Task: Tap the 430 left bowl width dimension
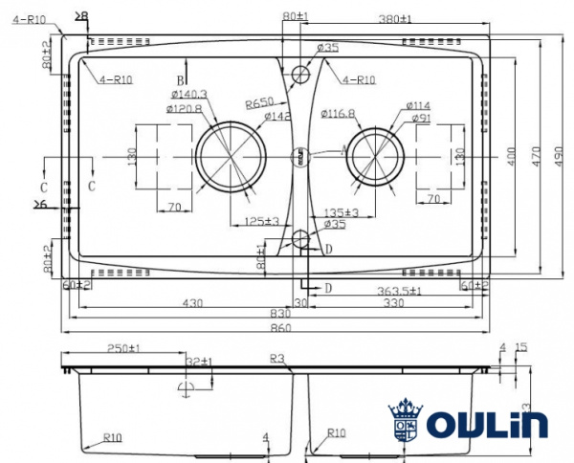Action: tap(192, 302)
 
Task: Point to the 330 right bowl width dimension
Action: tap(393, 302)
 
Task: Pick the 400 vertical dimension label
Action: tap(512, 156)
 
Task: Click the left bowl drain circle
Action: tap(228, 156)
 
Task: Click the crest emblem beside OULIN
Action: tap(405, 419)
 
